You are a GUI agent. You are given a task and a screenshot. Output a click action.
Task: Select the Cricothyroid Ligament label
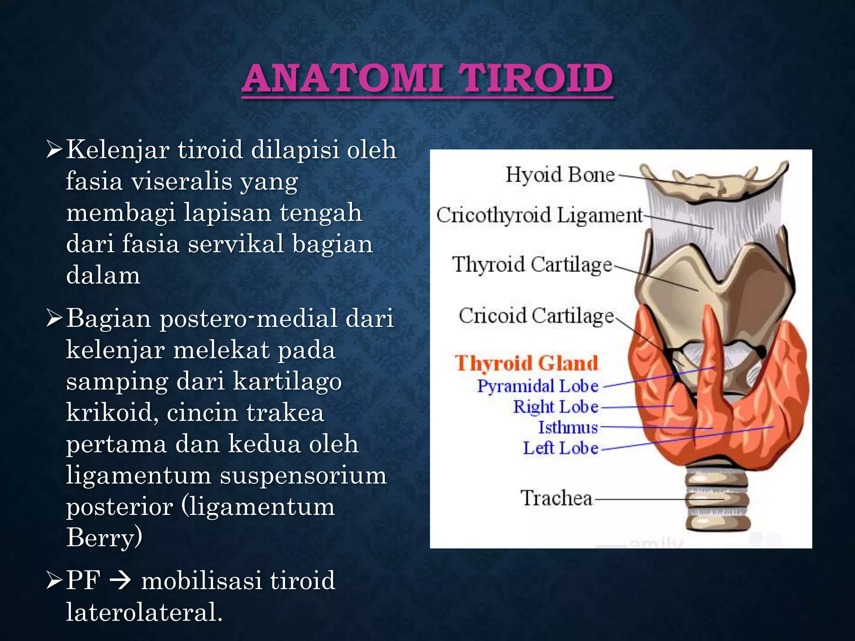[x=539, y=216]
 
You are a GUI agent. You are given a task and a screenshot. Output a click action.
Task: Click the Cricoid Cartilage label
[x=536, y=316]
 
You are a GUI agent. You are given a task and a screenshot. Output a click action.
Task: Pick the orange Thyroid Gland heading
[x=526, y=363]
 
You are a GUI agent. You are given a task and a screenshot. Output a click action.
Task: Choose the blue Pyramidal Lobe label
[x=538, y=386]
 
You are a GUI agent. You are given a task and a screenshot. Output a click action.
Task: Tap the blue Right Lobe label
[x=556, y=407]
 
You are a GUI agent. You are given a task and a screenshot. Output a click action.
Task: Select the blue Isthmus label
[x=568, y=427]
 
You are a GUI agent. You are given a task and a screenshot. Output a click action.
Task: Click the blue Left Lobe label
[x=561, y=448]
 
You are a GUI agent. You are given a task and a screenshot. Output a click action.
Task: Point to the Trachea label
[x=557, y=498]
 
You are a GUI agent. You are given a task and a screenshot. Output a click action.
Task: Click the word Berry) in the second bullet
[x=104, y=538]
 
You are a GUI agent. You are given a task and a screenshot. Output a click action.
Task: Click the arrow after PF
[x=121, y=580]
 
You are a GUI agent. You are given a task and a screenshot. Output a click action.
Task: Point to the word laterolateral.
[x=144, y=612]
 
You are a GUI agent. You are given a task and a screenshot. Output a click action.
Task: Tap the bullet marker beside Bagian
[x=54, y=318]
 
